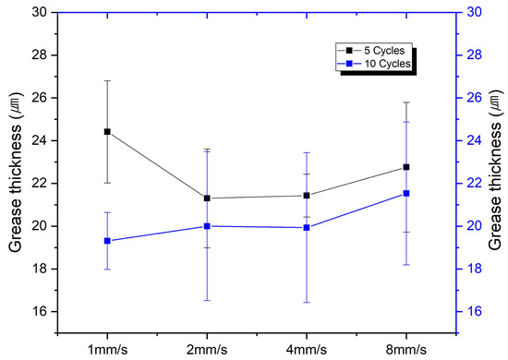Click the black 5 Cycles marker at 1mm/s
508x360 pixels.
click(107, 132)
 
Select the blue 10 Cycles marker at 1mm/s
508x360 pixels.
click(107, 241)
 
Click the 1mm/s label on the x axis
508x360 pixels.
click(107, 350)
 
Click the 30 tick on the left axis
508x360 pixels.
click(40, 12)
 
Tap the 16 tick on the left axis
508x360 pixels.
click(40, 311)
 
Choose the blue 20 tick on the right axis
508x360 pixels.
click(476, 226)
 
